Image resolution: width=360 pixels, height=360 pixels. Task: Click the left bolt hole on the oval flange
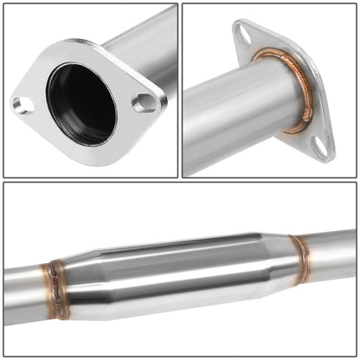click(x=23, y=105)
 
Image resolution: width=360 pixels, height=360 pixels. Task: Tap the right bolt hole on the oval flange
click(x=145, y=102)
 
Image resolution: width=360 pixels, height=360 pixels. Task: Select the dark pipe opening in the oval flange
click(x=82, y=104)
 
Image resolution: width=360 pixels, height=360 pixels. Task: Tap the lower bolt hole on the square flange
click(x=322, y=146)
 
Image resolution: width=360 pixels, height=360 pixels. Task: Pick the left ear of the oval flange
click(x=21, y=106)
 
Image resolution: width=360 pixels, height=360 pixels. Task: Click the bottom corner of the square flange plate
click(x=324, y=157)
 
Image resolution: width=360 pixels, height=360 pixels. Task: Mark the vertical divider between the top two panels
click(x=180, y=90)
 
